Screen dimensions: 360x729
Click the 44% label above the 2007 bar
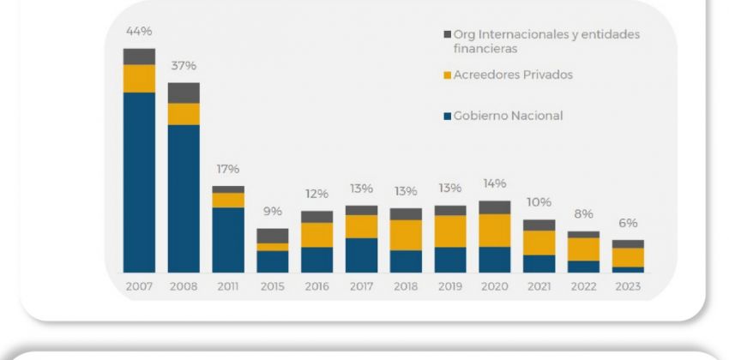click(139, 32)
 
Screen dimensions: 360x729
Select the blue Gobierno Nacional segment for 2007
click(139, 182)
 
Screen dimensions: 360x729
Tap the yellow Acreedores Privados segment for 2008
click(184, 114)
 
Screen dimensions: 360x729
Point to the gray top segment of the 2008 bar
click(184, 93)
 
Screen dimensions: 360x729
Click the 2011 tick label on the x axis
click(228, 286)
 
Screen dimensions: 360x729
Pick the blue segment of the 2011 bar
click(228, 239)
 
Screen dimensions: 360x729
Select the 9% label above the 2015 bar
click(272, 212)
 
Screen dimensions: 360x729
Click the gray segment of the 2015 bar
click(273, 236)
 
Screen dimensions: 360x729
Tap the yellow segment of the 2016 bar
click(316, 235)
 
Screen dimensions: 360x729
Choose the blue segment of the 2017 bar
click(361, 255)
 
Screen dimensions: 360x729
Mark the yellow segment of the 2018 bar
click(406, 235)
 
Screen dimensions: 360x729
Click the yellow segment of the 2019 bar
click(450, 231)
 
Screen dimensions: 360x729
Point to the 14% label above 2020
click(495, 183)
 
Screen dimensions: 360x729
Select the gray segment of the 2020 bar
click(495, 207)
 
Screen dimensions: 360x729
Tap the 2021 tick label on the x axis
click(539, 286)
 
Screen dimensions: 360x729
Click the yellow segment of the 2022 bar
click(584, 249)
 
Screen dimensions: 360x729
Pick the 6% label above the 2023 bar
click(629, 223)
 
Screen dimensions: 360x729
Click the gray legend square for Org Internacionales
click(447, 34)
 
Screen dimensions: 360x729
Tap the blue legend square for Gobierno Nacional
click(447, 116)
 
